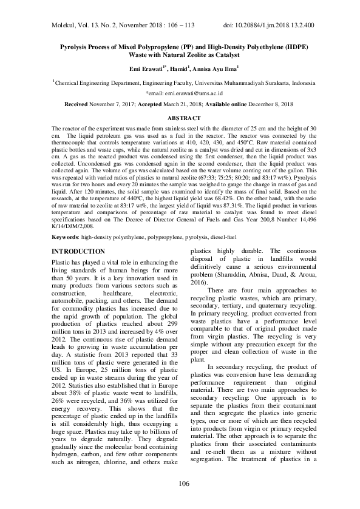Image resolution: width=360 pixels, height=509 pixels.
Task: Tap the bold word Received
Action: coord(76,105)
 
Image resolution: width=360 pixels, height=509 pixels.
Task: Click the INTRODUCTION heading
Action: coord(80,251)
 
